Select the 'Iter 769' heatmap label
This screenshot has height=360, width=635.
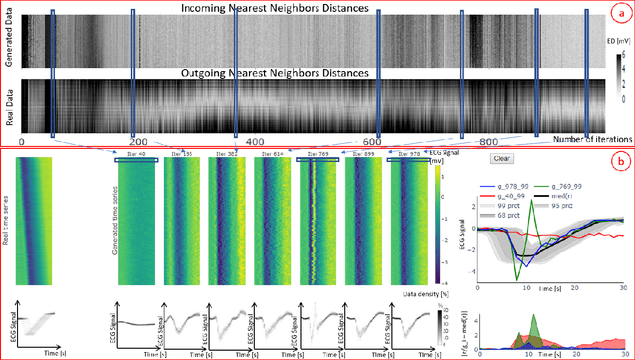click(x=317, y=155)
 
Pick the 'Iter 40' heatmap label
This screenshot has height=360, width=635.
click(x=137, y=155)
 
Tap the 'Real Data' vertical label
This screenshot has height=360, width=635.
click(x=9, y=104)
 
